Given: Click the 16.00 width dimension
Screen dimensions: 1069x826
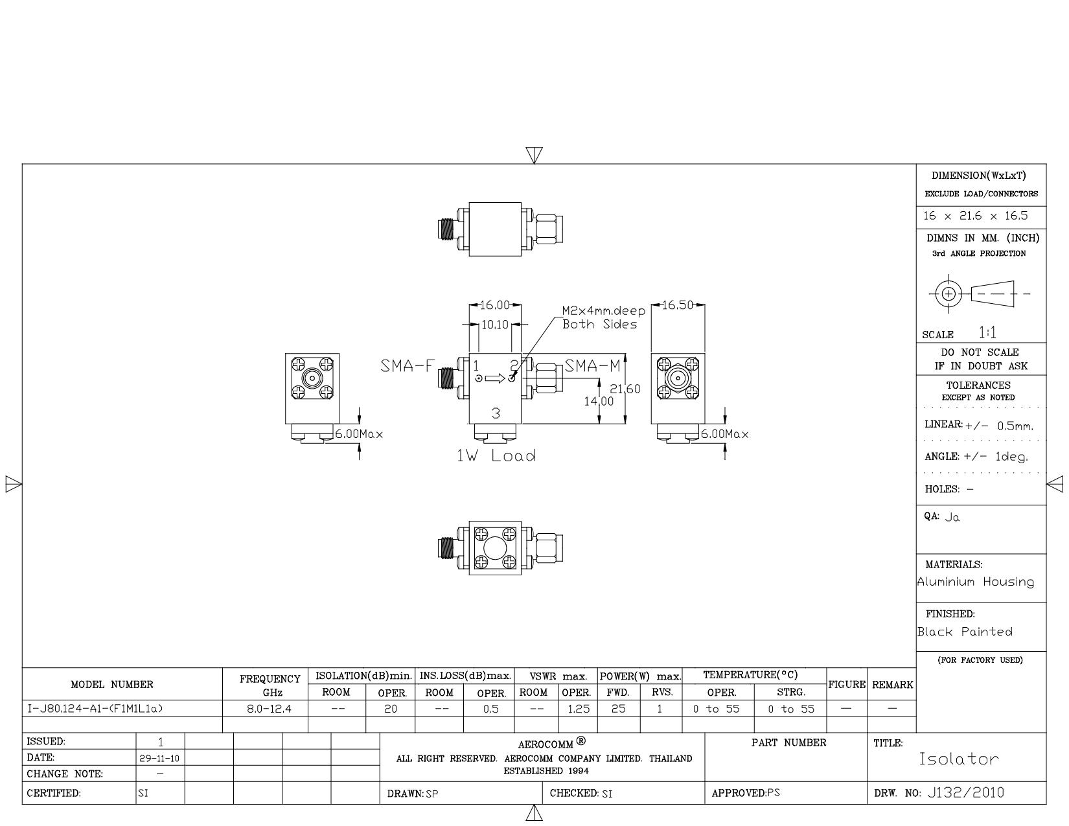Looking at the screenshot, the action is tap(494, 306).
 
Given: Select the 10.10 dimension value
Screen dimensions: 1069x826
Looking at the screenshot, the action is tap(494, 325).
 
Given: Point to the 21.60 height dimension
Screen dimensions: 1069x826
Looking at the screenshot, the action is tap(625, 389).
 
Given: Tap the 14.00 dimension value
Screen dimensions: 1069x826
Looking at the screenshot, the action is tap(599, 402).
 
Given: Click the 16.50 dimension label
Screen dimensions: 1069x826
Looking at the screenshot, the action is tap(678, 306).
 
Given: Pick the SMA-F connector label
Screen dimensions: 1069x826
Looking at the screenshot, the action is tap(408, 366).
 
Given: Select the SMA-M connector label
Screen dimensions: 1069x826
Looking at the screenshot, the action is tap(592, 366).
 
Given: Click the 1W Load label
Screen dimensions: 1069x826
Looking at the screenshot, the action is tap(496, 456).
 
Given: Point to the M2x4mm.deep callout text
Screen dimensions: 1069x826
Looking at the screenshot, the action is tap(604, 311).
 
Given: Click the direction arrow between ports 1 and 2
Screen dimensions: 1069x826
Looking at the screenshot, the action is tap(495, 378).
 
